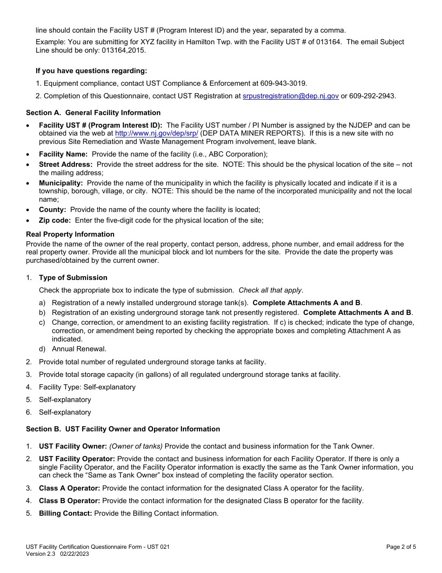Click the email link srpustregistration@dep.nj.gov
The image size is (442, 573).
[x=290, y=96]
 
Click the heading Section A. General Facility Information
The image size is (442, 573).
[x=93, y=113]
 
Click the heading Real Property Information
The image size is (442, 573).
[x=70, y=234]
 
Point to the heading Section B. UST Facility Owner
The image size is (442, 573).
[x=123, y=429]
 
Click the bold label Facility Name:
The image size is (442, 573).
[x=63, y=154]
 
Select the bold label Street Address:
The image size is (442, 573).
[x=66, y=164]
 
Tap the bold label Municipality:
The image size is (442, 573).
[x=60, y=183]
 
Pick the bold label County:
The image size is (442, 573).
[x=52, y=210]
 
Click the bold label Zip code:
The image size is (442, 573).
[x=55, y=220]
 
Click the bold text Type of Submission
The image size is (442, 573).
[x=73, y=278]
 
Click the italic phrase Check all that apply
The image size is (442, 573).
[x=270, y=290]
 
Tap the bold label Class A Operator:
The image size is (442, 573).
[x=69, y=488]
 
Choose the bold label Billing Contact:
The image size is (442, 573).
[x=66, y=513]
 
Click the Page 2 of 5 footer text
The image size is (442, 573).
[x=401, y=547]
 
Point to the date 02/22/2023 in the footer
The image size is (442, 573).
[x=74, y=554]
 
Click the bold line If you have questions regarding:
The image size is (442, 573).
[x=91, y=71]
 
